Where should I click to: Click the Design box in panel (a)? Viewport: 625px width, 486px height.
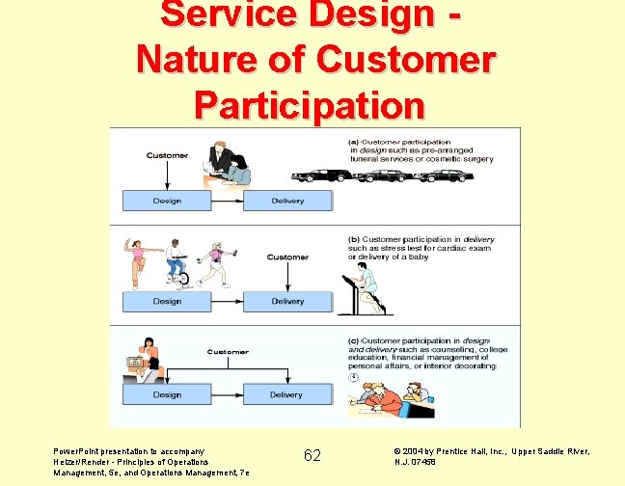click(x=167, y=201)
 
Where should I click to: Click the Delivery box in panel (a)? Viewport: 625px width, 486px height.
click(x=287, y=201)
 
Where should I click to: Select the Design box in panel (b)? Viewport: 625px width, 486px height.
click(x=167, y=301)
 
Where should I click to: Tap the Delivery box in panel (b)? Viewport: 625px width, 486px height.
click(x=287, y=301)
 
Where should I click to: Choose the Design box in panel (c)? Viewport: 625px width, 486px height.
click(x=167, y=394)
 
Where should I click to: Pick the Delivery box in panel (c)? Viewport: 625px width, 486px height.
click(x=286, y=394)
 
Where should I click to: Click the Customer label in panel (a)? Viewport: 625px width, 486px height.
click(x=167, y=155)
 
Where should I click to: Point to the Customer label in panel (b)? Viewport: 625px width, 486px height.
click(x=287, y=257)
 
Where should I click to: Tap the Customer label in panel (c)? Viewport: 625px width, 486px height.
click(x=228, y=352)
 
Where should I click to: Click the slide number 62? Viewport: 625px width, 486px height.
click(x=312, y=455)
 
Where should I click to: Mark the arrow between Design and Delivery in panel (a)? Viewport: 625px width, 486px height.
click(x=228, y=201)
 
